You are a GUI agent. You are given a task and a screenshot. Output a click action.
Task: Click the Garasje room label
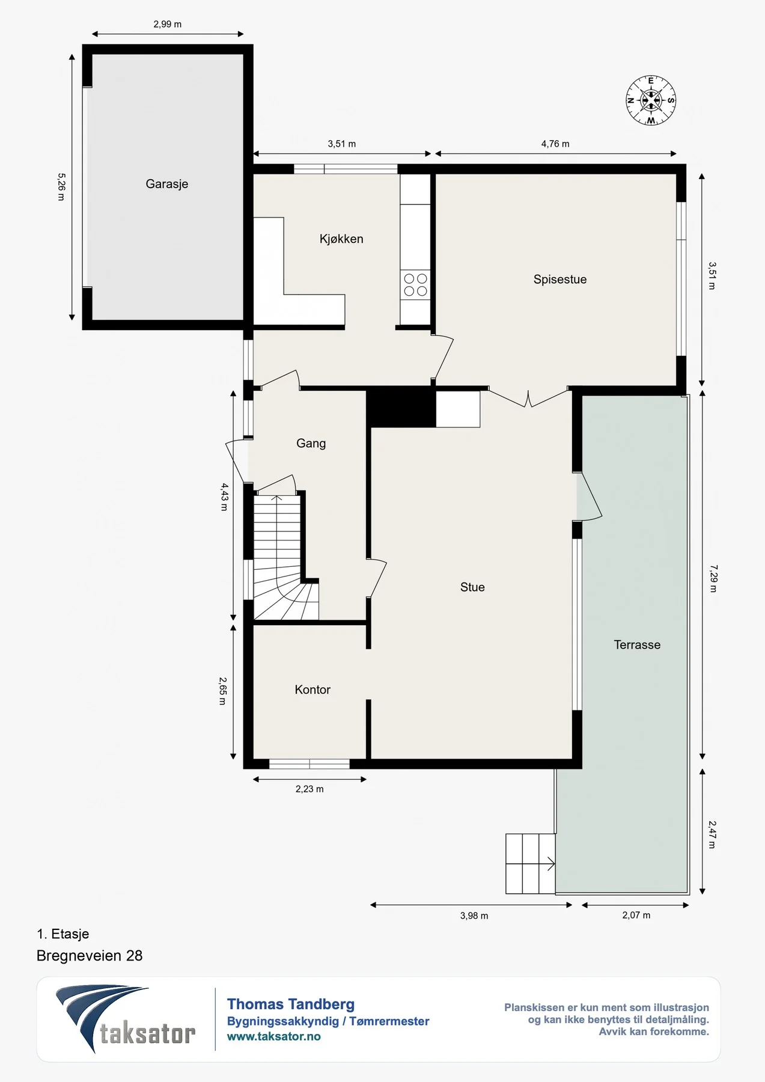tap(167, 184)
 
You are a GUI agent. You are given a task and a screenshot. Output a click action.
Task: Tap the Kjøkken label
tap(341, 239)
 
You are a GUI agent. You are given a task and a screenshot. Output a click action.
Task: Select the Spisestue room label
tap(560, 280)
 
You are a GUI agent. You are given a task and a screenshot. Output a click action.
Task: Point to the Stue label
tap(472, 587)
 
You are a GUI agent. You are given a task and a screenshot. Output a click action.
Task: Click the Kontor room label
tap(312, 689)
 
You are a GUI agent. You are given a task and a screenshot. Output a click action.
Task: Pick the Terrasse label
tap(637, 645)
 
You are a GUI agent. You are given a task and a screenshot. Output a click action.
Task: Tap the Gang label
tap(311, 444)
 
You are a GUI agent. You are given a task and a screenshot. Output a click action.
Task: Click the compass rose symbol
tap(651, 100)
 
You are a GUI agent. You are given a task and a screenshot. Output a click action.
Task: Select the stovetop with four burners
tap(415, 285)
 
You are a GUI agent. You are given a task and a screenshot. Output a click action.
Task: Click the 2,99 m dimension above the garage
tap(167, 25)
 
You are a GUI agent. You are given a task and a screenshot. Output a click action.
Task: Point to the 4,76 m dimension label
tap(555, 144)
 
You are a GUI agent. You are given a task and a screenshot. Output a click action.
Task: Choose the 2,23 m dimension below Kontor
tap(309, 789)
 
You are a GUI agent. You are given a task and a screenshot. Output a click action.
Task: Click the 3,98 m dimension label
tap(474, 916)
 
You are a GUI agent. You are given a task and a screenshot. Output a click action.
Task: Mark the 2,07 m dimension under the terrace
tap(636, 915)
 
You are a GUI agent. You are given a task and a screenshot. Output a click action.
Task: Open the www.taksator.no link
tap(274, 1036)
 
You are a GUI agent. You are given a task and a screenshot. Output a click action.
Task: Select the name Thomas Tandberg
tap(291, 1004)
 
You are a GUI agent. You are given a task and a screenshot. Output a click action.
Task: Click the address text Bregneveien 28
tap(90, 956)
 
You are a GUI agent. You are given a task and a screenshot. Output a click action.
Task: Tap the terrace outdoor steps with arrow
tap(530, 864)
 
